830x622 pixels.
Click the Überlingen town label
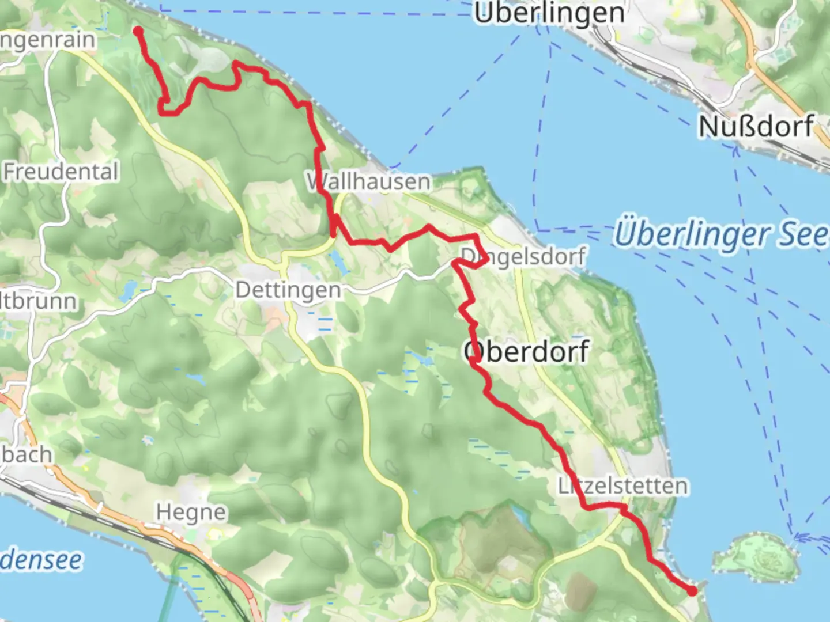click(549, 13)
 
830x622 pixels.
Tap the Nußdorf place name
click(756, 127)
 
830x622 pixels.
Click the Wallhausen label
click(369, 182)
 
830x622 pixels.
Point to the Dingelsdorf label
click(523, 256)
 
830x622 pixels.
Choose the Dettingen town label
click(288, 290)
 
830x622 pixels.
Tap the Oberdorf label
click(527, 351)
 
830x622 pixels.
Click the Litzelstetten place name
click(622, 486)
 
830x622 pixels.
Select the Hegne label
click(191, 512)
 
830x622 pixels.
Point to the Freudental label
click(61, 172)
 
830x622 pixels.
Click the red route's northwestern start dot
click(138, 31)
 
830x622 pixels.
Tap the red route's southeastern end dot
click(692, 590)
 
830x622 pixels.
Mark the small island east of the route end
click(757, 556)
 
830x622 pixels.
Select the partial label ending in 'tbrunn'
click(38, 301)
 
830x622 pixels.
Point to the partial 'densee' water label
click(40, 560)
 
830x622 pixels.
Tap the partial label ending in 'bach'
click(26, 454)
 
